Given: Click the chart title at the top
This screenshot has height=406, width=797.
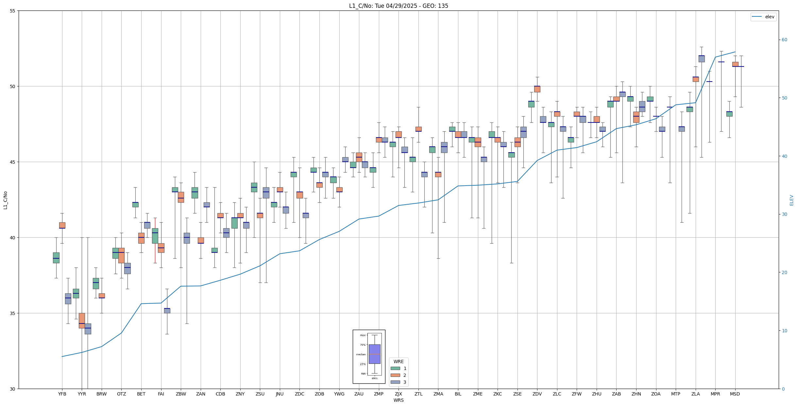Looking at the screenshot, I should click(x=398, y=6).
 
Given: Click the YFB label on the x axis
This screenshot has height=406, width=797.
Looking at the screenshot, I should click(x=62, y=394).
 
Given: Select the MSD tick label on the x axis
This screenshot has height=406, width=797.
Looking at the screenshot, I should click(x=735, y=394).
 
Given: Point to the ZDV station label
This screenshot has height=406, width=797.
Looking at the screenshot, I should click(x=537, y=394).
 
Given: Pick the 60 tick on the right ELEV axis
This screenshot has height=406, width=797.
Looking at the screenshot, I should click(x=785, y=40).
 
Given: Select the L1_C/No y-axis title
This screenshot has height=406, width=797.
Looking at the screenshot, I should click(x=5, y=200).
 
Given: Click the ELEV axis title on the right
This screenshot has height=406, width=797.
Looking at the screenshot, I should click(x=791, y=200).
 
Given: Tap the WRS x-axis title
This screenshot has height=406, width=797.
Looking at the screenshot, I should click(x=398, y=400).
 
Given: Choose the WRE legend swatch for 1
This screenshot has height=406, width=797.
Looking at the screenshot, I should click(x=395, y=368).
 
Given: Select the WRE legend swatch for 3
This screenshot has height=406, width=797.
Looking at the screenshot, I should click(x=395, y=382).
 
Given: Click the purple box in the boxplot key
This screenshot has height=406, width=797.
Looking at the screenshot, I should click(x=374, y=354).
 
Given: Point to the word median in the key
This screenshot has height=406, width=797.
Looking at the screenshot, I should click(x=361, y=354).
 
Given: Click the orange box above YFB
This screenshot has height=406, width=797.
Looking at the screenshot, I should click(x=62, y=225).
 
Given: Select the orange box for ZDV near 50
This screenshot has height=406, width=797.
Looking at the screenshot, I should click(x=537, y=89).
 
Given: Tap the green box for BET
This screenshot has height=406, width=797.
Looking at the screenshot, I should click(x=135, y=205).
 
